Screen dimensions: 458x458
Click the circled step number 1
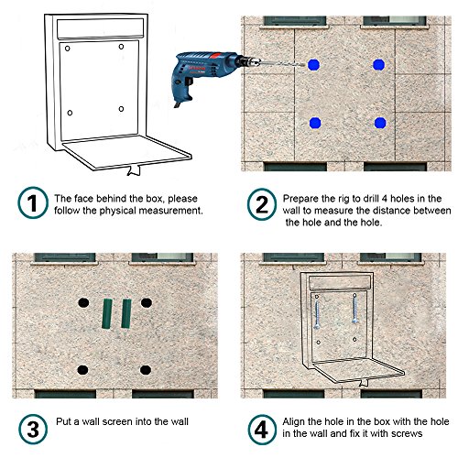33,202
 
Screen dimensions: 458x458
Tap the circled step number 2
262,204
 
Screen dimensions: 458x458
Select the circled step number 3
33,429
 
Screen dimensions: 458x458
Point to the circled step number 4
262,430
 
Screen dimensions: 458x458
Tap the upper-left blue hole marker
313,65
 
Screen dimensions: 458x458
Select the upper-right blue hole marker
378,65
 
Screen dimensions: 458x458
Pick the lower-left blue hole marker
315,123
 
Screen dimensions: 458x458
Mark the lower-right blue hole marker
380,123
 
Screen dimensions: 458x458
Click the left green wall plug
107,313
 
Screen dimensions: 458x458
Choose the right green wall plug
126,313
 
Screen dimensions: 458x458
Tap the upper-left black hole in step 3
83,302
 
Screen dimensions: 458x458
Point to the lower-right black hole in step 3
146,370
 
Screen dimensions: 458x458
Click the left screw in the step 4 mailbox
317,314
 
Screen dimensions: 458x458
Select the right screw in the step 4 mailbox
354,310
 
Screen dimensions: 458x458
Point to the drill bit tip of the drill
305,65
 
